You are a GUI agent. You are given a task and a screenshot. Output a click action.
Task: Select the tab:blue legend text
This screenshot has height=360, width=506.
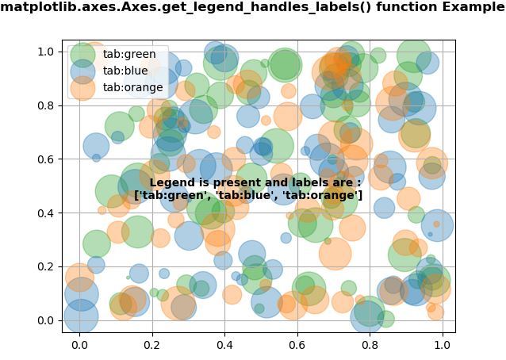coord(125,71)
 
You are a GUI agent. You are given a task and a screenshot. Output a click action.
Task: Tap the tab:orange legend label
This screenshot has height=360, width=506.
coord(132,87)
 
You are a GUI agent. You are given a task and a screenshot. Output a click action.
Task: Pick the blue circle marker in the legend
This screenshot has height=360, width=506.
coord(82,71)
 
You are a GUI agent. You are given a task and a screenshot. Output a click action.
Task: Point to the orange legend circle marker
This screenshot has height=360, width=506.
coord(82,87)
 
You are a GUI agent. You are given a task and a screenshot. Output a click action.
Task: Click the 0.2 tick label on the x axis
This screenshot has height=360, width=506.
coord(152,345)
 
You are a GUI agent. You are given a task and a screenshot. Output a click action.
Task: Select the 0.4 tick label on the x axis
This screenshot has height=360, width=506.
coord(224,345)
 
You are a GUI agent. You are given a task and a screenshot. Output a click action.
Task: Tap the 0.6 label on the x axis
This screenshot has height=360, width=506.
coord(297,345)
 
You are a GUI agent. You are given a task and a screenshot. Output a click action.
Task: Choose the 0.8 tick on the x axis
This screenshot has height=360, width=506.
coord(370,345)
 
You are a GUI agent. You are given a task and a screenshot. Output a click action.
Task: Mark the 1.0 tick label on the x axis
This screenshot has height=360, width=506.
coord(442,345)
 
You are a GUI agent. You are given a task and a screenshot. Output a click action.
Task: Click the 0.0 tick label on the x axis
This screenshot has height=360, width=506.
coord(79,345)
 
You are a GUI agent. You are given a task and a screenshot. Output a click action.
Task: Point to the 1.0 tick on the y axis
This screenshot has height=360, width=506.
coord(45,52)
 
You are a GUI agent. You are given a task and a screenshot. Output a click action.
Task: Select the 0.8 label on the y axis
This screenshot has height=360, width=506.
coord(45,105)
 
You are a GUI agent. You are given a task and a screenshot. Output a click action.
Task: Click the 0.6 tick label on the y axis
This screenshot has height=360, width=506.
coord(45,159)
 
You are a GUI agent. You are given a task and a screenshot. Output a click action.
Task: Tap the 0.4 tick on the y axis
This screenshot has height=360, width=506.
coord(45,213)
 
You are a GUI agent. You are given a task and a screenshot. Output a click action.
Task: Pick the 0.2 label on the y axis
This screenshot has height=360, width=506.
coord(45,266)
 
